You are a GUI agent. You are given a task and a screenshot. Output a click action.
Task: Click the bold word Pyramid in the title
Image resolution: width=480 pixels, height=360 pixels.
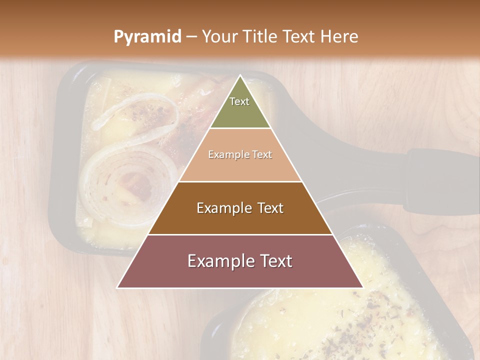tap(147, 36)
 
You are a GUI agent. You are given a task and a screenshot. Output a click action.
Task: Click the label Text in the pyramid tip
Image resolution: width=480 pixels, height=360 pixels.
tap(239, 101)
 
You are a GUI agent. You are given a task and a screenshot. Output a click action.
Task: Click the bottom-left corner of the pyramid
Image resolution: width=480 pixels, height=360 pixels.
tap(118, 287)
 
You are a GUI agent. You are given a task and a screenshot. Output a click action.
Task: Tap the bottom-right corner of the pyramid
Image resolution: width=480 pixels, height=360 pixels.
tap(362, 287)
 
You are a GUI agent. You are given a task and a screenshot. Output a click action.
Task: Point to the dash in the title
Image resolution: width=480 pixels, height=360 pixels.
tap(191, 36)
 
